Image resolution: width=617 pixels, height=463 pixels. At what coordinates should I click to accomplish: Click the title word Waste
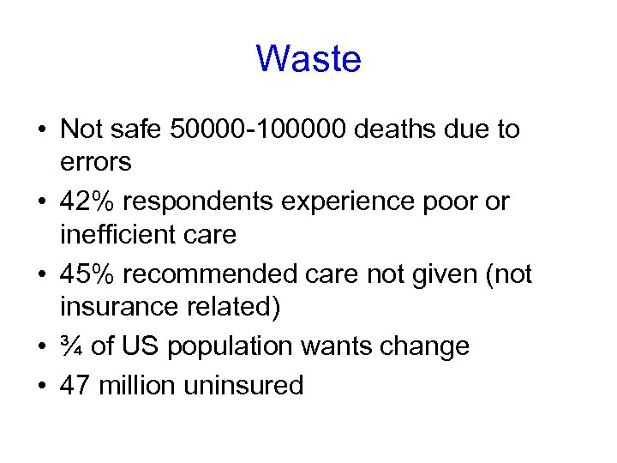[308, 60]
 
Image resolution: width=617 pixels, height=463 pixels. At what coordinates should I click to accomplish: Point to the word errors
[95, 160]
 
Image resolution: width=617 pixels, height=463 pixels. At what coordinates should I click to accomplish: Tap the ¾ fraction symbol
[71, 346]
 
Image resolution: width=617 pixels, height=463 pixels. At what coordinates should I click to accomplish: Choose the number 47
[75, 385]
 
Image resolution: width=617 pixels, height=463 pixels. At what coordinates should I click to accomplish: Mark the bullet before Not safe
[41, 131]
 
